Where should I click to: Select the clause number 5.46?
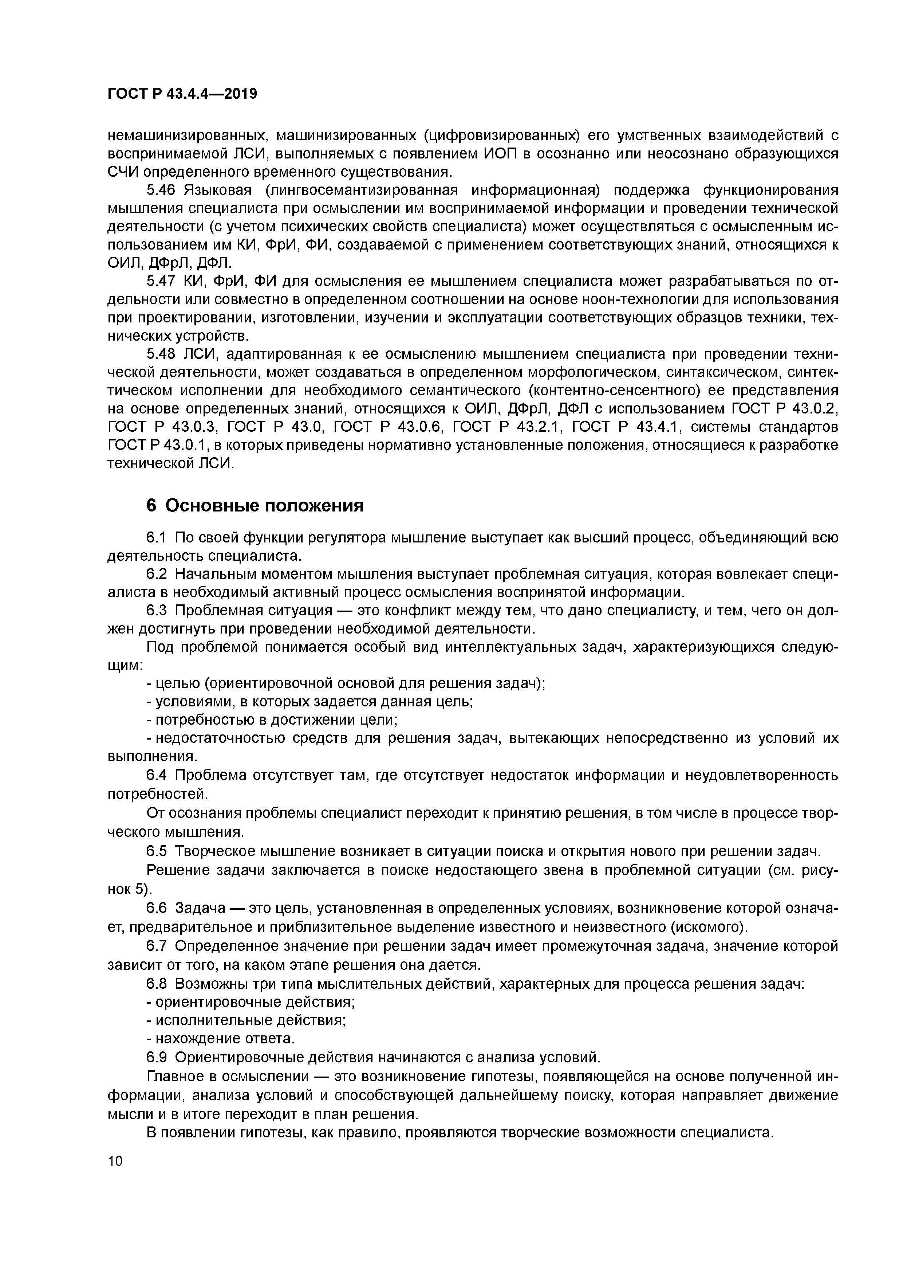(x=161, y=191)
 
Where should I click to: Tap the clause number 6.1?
(x=156, y=538)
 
